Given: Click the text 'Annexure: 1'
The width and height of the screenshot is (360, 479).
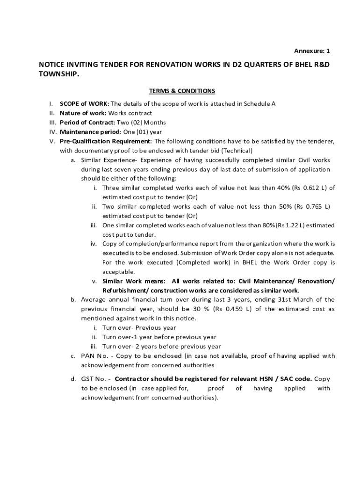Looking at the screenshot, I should tap(312, 51).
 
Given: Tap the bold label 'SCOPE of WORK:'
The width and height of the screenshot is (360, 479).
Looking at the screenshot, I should tap(84, 104).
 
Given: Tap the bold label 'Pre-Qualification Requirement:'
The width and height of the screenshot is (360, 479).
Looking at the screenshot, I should tap(106, 141).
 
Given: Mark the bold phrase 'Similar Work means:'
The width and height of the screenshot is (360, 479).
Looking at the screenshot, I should tap(134, 281).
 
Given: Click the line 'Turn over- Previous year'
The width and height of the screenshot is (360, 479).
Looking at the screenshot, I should tap(139, 328).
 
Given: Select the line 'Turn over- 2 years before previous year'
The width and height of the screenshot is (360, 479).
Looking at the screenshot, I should tap(161, 347).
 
